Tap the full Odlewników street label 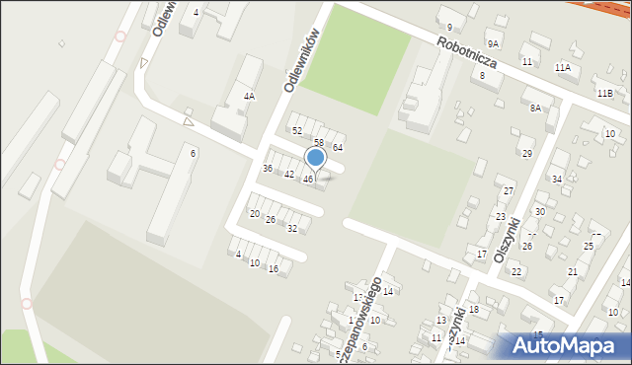pyautogui.click(x=305, y=61)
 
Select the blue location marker pyautogui.click(x=315, y=158)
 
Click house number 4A pyautogui.click(x=250, y=97)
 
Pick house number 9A pyautogui.click(x=493, y=44)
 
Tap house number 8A pyautogui.click(x=535, y=108)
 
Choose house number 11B pyautogui.click(x=604, y=93)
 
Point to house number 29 pyautogui.click(x=527, y=153)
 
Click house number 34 pyautogui.click(x=557, y=179)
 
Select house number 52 pyautogui.click(x=296, y=130)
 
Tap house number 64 pyautogui.click(x=337, y=147)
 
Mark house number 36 pyautogui.click(x=267, y=168)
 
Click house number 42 pyautogui.click(x=289, y=175)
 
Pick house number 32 pyautogui.click(x=292, y=228)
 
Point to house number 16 pyautogui.click(x=274, y=268)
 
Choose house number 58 pyautogui.click(x=319, y=143)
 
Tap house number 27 pyautogui.click(x=509, y=190)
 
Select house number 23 pyautogui.click(x=501, y=216)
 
